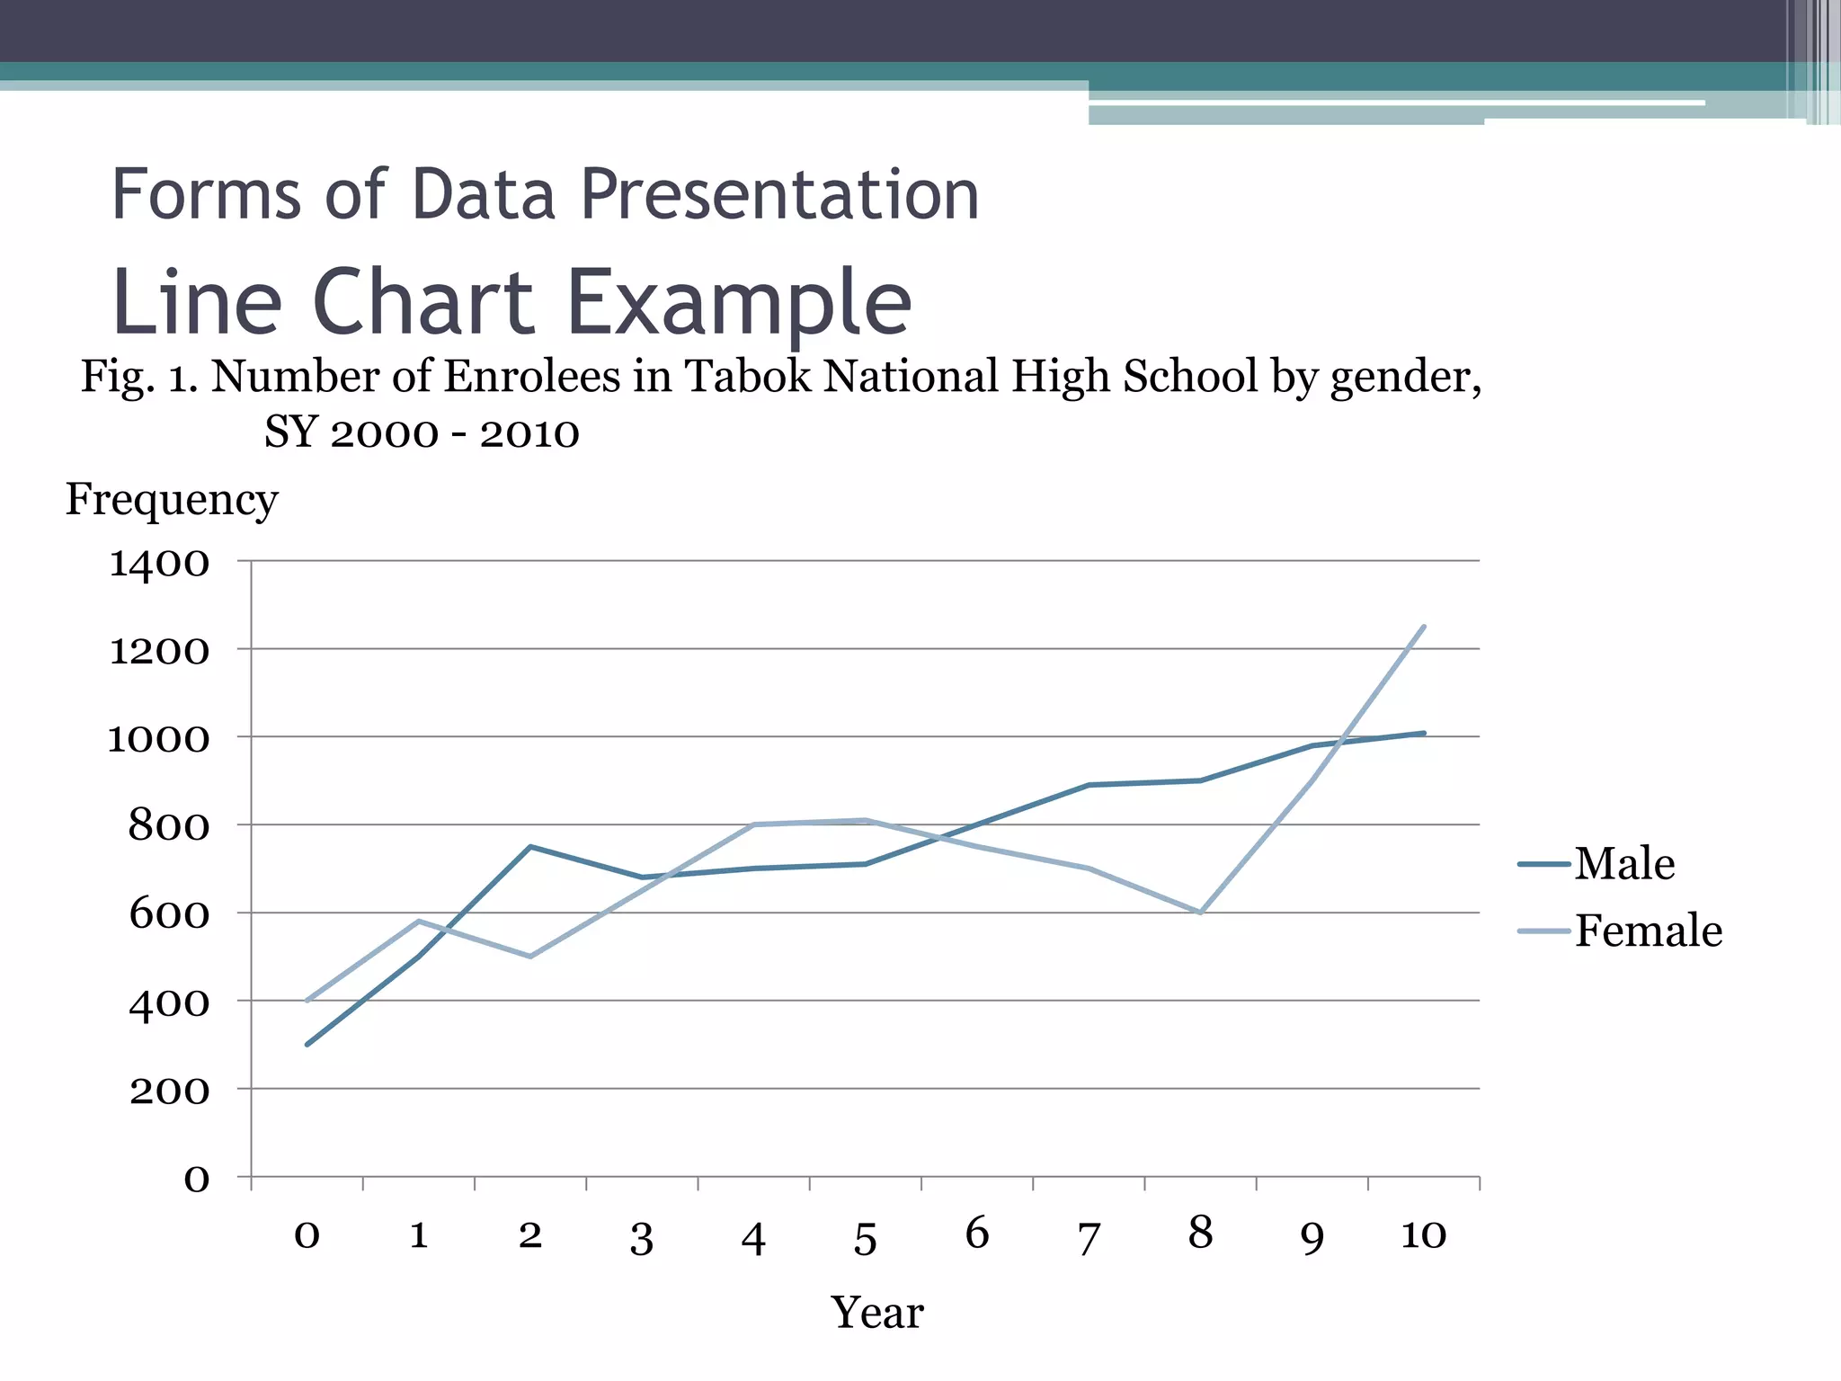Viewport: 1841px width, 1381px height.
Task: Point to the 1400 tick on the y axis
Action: click(x=159, y=564)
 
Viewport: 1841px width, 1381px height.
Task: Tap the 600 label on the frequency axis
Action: click(x=169, y=914)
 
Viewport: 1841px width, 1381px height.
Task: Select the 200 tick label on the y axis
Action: click(x=169, y=1091)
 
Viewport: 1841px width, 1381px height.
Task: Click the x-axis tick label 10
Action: click(x=1423, y=1234)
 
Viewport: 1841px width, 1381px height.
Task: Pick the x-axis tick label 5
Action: click(x=865, y=1239)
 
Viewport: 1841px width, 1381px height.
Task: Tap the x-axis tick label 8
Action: click(x=1200, y=1233)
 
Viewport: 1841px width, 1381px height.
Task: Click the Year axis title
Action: click(x=876, y=1313)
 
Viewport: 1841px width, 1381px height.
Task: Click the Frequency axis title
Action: click(x=172, y=499)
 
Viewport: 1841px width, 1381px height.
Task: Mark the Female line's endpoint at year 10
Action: click(x=1424, y=626)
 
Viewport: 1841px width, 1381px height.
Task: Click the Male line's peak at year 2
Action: click(x=530, y=846)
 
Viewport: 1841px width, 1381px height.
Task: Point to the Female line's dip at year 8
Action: click(x=1201, y=913)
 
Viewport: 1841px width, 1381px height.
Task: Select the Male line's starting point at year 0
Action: click(x=307, y=1045)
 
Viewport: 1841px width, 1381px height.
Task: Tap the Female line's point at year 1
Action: click(x=419, y=921)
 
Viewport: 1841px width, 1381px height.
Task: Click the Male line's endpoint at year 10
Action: click(x=1424, y=733)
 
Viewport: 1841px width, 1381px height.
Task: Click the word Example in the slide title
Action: click(x=739, y=303)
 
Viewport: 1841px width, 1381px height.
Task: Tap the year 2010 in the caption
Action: click(x=529, y=433)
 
